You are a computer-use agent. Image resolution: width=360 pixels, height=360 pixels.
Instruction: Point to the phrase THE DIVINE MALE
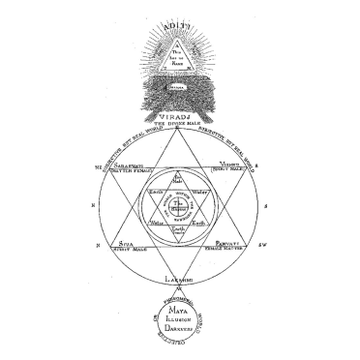tap(180, 119)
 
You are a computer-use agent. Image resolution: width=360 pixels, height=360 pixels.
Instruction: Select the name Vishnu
tap(230, 164)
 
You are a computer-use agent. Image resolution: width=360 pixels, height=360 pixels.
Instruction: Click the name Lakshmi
tap(180, 280)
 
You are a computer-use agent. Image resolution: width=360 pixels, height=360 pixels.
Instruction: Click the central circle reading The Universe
tap(180, 202)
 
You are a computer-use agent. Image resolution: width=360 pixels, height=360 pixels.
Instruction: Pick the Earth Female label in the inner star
tap(180, 231)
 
